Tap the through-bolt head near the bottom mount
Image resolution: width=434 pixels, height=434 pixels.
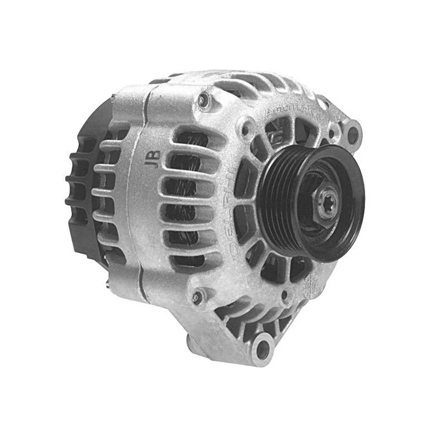pyautogui.click(x=198, y=297)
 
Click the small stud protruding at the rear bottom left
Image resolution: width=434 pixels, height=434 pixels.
pyautogui.click(x=107, y=284)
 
